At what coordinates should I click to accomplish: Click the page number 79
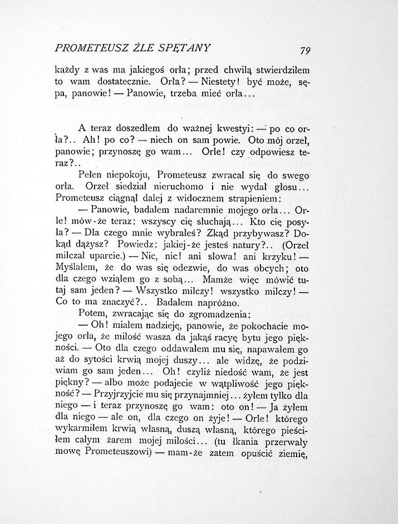click(304, 50)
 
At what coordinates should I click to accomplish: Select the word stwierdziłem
click(282, 70)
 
